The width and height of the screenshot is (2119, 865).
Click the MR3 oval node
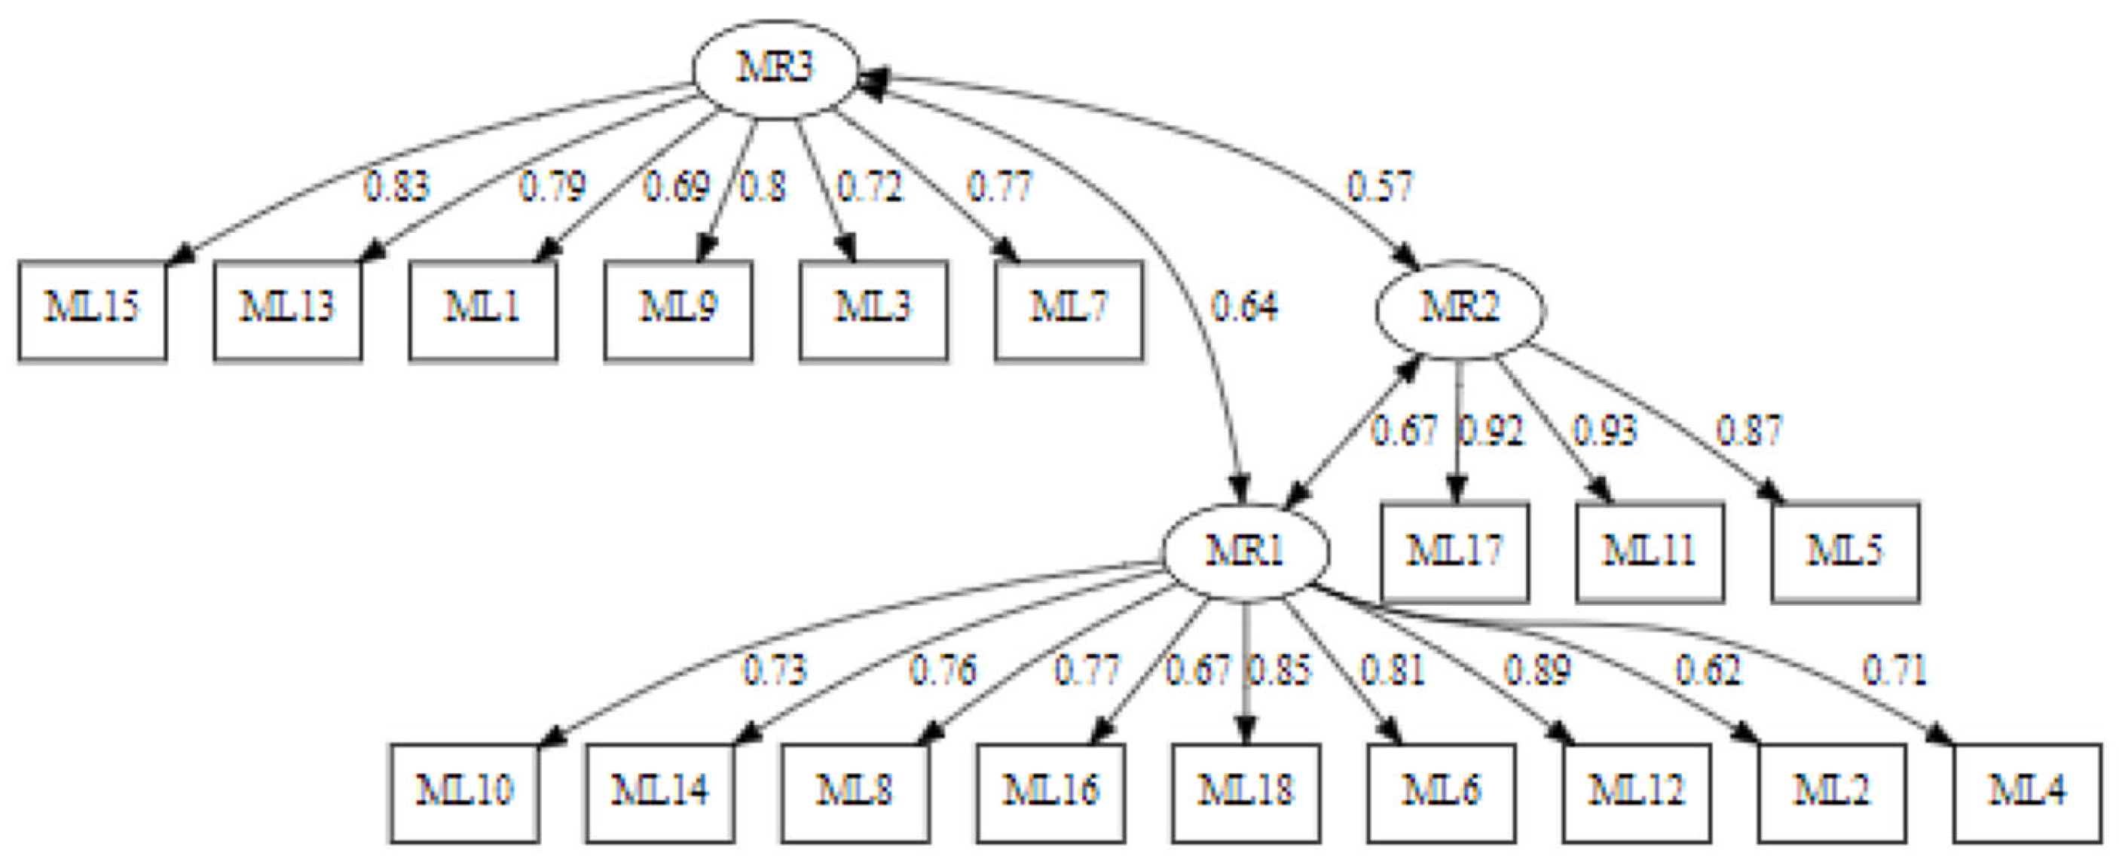click(775, 70)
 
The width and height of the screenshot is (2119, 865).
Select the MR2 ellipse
click(1460, 310)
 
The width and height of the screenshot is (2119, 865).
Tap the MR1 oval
click(1245, 551)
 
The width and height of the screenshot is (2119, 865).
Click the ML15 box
click(92, 310)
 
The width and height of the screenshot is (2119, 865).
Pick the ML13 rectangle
click(287, 310)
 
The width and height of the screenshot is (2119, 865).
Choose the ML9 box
click(677, 310)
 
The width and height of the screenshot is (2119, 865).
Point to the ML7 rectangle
click(1069, 310)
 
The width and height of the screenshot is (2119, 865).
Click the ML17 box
click(1454, 551)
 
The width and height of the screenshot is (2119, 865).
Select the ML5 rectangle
click(1845, 551)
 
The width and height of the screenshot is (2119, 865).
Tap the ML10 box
click(465, 792)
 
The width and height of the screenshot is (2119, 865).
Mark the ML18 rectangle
click(1246, 792)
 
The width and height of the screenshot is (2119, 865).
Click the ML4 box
click(2027, 792)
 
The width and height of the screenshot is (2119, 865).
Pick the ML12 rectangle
click(1636, 792)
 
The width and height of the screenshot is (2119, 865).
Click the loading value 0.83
click(396, 188)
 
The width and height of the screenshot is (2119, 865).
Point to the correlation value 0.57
click(1380, 188)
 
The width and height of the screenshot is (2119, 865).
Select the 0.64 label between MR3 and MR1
click(1244, 307)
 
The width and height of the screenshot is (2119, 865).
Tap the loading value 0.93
click(1604, 431)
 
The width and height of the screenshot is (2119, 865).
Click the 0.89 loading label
click(1537, 671)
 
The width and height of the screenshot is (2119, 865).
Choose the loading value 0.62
click(1708, 671)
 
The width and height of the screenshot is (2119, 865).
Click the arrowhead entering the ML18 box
click(1246, 732)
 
